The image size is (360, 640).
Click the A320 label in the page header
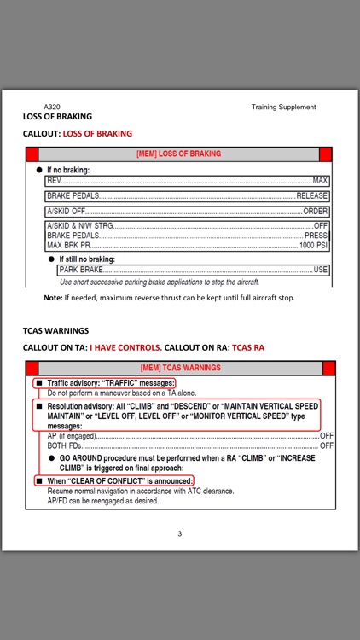(40, 107)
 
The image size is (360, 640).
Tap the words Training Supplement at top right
(283, 107)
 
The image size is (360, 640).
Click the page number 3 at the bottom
(179, 534)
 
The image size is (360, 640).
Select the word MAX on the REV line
(321, 181)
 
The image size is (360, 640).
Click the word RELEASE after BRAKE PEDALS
(311, 196)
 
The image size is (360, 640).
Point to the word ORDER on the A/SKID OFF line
(316, 212)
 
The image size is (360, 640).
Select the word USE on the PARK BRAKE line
(321, 270)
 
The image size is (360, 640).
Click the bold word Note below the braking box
(53, 298)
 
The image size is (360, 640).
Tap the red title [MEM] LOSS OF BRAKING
(179, 154)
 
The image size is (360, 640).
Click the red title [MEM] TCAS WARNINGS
(179, 368)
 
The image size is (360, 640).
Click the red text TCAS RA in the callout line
(248, 348)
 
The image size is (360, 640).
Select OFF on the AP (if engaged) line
(327, 435)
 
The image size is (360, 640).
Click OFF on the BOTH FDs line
(327, 445)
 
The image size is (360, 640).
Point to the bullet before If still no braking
(51, 259)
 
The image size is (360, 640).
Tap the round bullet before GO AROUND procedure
(51, 459)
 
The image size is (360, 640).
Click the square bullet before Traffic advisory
(39, 384)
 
